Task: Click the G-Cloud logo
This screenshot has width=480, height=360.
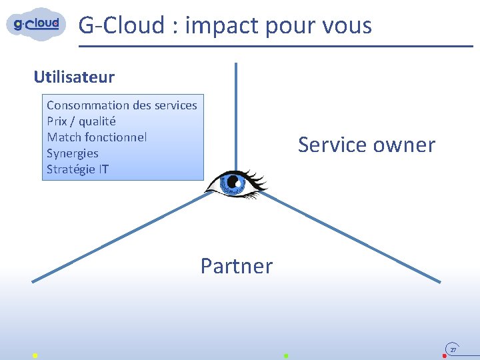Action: pyautogui.click(x=37, y=24)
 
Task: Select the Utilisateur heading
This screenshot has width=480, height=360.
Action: pyautogui.click(x=74, y=77)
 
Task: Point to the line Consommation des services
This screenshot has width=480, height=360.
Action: pyautogui.click(x=122, y=105)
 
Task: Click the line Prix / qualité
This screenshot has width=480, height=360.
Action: pyautogui.click(x=81, y=121)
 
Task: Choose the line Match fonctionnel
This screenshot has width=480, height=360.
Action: pyautogui.click(x=97, y=137)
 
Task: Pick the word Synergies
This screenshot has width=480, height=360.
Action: pyautogui.click(x=73, y=153)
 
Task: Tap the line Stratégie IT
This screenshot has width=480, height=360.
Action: pyautogui.click(x=77, y=169)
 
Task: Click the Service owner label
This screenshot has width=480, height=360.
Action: pyautogui.click(x=366, y=145)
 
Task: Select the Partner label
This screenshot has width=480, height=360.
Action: pyautogui.click(x=237, y=266)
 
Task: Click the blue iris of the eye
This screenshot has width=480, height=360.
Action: pyautogui.click(x=233, y=182)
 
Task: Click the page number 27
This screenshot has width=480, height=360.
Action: pyautogui.click(x=453, y=349)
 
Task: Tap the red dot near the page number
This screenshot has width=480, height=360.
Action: pyautogui.click(x=445, y=356)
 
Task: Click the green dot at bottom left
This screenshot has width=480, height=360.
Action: pyautogui.click(x=35, y=356)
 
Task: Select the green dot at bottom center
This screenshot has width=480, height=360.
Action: pyautogui.click(x=285, y=356)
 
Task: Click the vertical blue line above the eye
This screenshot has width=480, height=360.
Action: pyautogui.click(x=236, y=113)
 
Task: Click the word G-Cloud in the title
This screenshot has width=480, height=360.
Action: pyautogui.click(x=121, y=25)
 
